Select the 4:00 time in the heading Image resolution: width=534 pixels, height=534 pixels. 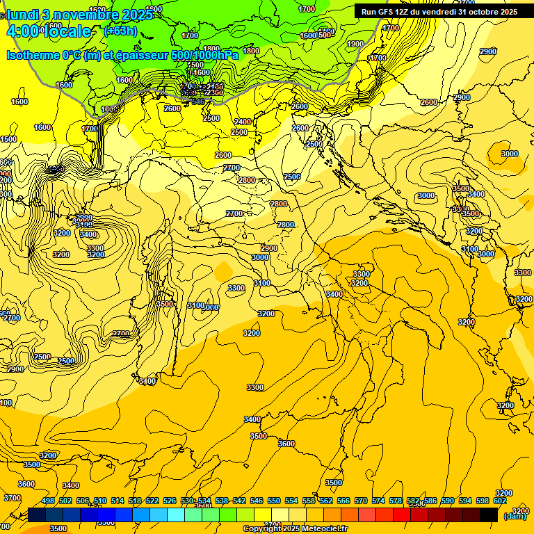(22, 31)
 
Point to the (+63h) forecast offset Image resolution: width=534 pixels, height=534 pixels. (120, 31)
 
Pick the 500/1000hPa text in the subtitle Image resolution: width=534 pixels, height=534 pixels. (205, 55)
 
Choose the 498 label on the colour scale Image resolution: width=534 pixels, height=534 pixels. (48, 501)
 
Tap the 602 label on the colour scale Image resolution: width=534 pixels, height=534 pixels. (500, 501)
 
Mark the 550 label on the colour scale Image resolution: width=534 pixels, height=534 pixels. (274, 501)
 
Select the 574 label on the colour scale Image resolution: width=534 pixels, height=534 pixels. (378, 501)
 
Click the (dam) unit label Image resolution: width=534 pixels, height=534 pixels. (515, 516)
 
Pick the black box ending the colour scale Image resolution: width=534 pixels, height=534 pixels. (489, 515)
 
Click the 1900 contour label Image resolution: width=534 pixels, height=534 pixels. (355, 44)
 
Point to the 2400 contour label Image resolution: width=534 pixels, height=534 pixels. (243, 122)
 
